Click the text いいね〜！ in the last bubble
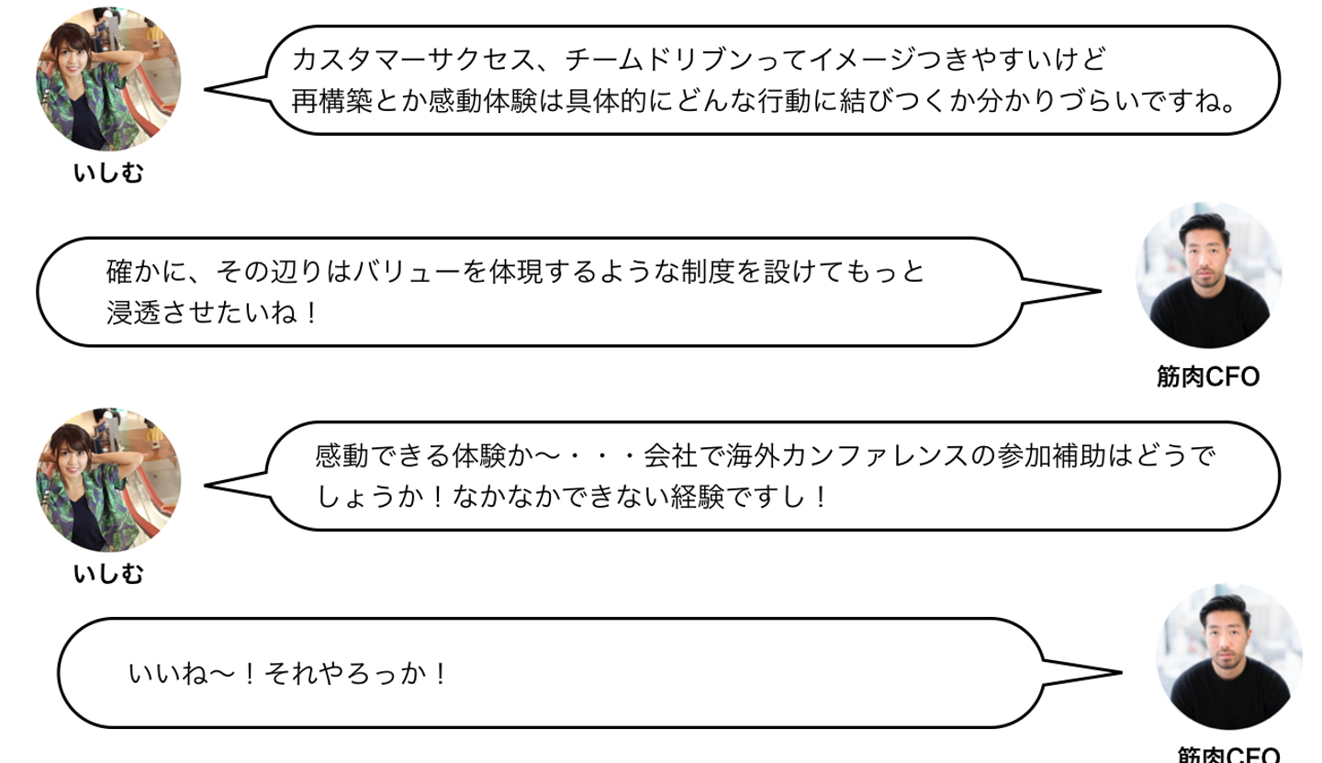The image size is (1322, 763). coord(192,676)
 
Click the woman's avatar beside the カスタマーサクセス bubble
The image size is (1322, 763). coord(107,80)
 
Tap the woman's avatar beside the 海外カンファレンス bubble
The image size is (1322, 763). coord(107,480)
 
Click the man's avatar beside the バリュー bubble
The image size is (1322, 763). coord(1208,275)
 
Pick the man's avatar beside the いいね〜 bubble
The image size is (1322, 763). coord(1228,657)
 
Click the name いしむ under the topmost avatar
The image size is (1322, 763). coord(108,173)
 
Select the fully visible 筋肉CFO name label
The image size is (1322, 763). coord(1208,376)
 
